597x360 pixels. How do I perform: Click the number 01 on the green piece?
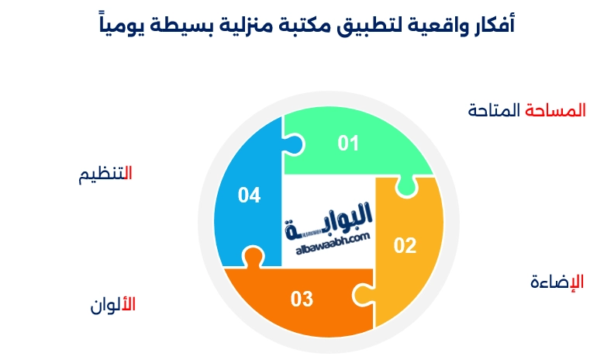click(x=349, y=143)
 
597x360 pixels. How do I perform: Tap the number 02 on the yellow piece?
click(x=405, y=246)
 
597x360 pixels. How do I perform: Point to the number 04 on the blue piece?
click(x=249, y=196)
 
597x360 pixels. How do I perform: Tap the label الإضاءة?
click(x=557, y=281)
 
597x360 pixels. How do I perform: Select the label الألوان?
click(x=112, y=304)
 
